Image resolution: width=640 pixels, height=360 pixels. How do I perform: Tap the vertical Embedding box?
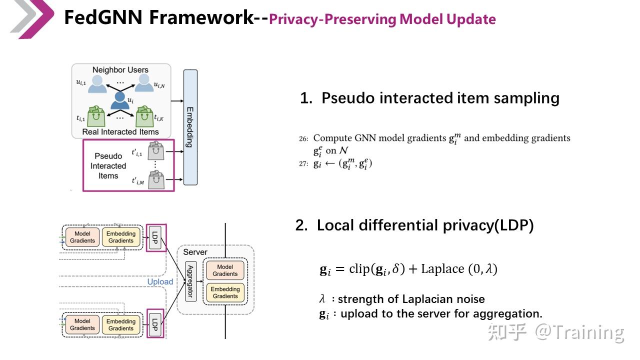[x=190, y=127]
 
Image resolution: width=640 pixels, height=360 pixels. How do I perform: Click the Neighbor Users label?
[x=120, y=70]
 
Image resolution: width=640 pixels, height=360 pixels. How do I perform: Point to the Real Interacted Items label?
[x=120, y=132]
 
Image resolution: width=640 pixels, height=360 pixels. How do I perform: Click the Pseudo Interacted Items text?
[x=108, y=166]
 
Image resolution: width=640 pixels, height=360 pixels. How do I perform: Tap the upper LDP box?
[x=155, y=237]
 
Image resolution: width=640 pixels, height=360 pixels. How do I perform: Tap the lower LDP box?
[x=155, y=324]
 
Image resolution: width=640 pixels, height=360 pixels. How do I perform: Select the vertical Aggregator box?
[x=190, y=280]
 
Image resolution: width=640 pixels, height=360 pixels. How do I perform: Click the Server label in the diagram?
[x=195, y=252]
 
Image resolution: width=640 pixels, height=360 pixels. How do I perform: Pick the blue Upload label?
[x=160, y=281]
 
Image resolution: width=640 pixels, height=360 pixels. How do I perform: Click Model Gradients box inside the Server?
[x=225, y=270]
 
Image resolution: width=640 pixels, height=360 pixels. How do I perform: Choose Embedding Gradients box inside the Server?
[x=225, y=292]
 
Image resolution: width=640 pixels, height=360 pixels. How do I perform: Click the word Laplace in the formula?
[x=442, y=269]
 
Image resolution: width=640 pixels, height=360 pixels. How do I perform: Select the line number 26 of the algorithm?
[x=303, y=138]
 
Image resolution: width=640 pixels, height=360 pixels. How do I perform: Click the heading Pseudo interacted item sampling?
[x=429, y=98]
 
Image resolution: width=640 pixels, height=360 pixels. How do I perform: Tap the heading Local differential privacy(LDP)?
[x=414, y=225]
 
